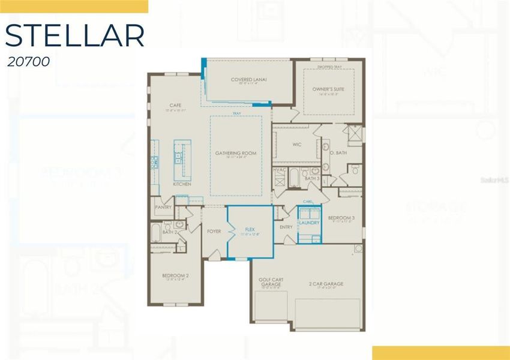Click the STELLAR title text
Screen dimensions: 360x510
click(74, 35)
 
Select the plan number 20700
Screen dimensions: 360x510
click(25, 61)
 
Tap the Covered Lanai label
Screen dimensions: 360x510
click(248, 79)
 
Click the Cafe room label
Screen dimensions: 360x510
click(175, 105)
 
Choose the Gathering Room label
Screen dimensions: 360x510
click(236, 153)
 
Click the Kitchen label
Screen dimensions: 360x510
click(182, 184)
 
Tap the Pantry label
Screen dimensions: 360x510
click(163, 207)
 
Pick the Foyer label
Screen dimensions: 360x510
click(214, 230)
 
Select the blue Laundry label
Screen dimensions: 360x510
click(310, 223)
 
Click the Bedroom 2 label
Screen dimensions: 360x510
click(175, 275)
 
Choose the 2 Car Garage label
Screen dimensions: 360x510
click(326, 284)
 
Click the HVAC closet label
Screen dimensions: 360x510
click(280, 170)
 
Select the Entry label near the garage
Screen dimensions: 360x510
click(286, 227)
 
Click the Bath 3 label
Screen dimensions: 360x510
click(311, 178)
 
